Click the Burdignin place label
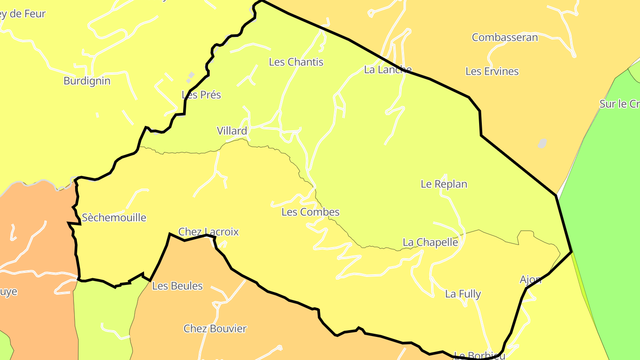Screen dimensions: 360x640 pyautogui.click(x=87, y=81)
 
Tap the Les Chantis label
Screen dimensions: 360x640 pyautogui.click(x=296, y=62)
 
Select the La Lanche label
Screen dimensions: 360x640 pyautogui.click(x=388, y=69)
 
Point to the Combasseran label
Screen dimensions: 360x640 pyautogui.click(x=504, y=37)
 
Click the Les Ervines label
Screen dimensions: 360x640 pyautogui.click(x=492, y=71)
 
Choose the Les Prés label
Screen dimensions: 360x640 pyautogui.click(x=201, y=95)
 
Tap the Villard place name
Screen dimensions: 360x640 pyautogui.click(x=232, y=131)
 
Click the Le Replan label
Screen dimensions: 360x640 pyautogui.click(x=444, y=184)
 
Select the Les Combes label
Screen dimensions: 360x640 pyautogui.click(x=310, y=212)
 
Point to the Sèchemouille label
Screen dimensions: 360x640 pyautogui.click(x=114, y=217)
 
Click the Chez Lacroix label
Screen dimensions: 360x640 pyautogui.click(x=208, y=232)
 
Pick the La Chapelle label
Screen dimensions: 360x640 pyautogui.click(x=430, y=242)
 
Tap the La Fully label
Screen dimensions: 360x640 pyautogui.click(x=463, y=294)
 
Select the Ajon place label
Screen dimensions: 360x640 pyautogui.click(x=530, y=280)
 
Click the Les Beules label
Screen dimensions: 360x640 pyautogui.click(x=177, y=286)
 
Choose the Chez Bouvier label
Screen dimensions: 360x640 pyautogui.click(x=215, y=328)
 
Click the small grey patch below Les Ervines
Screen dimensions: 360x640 pyautogui.click(x=542, y=143)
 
